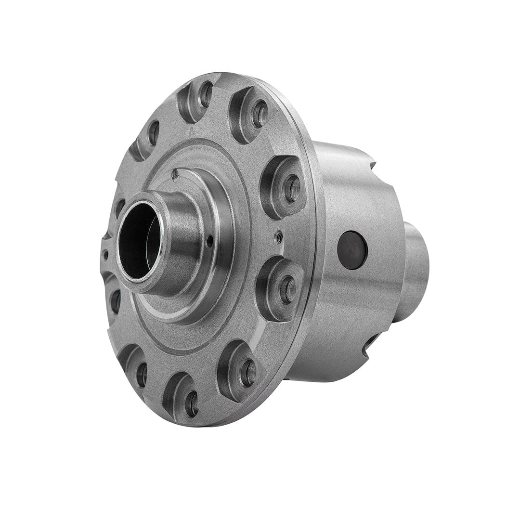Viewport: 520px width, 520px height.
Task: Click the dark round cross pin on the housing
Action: click(352, 250)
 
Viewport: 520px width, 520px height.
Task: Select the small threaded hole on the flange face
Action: click(278, 235)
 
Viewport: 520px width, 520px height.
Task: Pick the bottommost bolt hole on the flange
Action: click(191, 403)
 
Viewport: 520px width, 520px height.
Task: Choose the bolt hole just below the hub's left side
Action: click(116, 301)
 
